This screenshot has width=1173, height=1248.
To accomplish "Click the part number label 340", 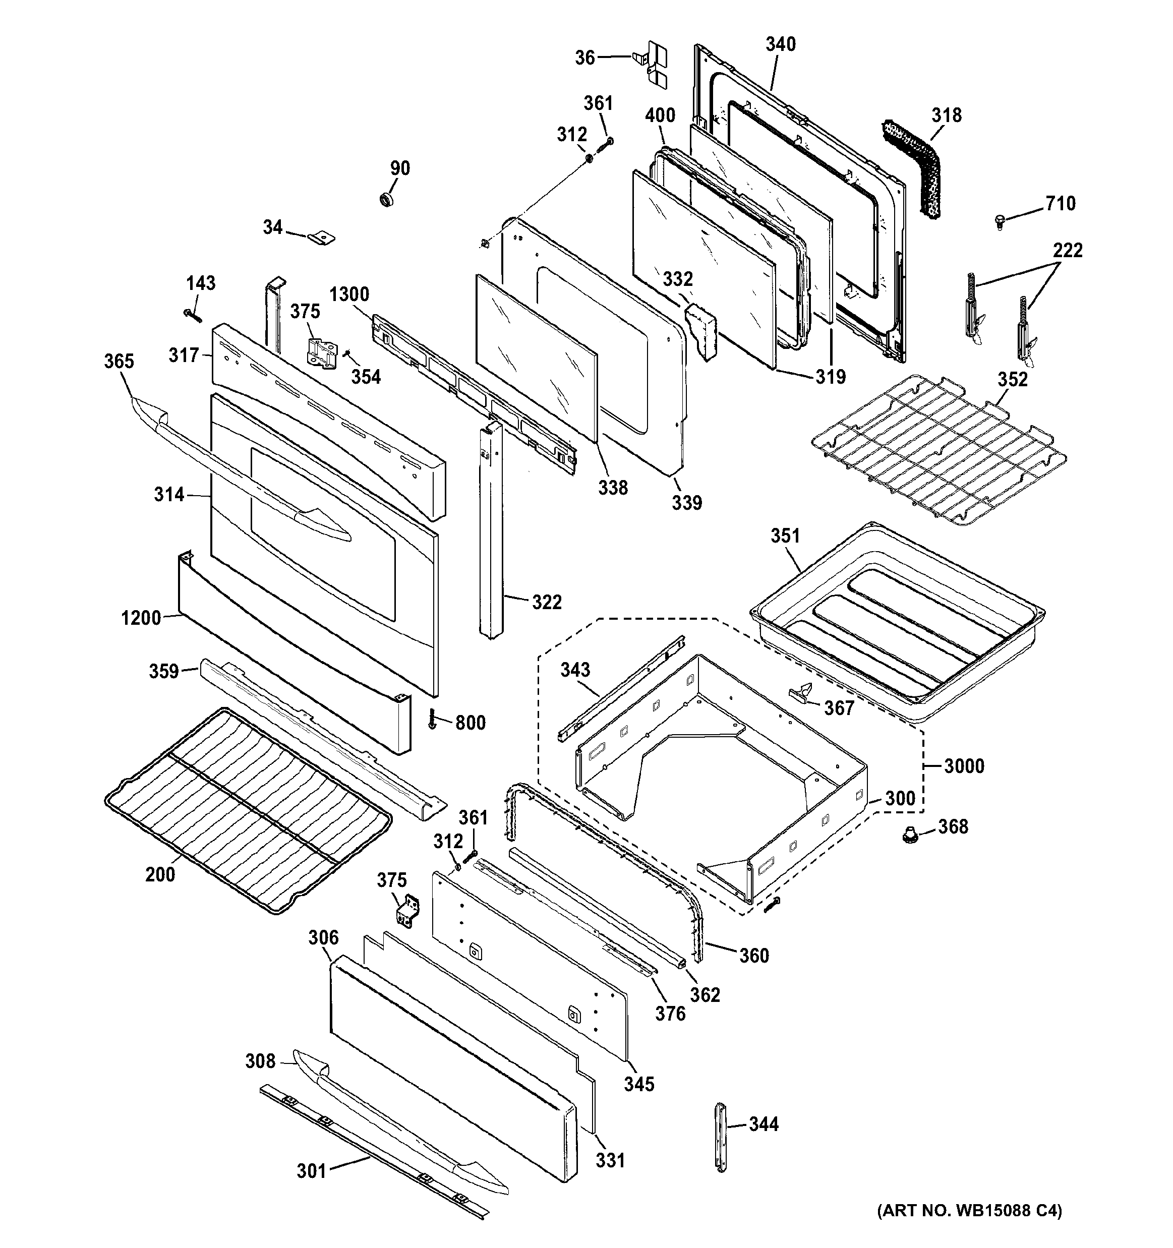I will coord(781,44).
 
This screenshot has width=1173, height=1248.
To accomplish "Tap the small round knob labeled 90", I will coord(386,200).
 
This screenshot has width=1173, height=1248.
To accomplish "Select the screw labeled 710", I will coord(1000,221).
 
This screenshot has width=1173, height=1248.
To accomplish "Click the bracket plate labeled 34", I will coord(322,237).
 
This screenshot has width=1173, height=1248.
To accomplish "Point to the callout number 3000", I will coord(964,766).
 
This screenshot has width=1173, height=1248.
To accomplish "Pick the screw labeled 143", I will coord(192,313).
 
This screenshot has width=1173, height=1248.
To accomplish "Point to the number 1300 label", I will coord(349,294).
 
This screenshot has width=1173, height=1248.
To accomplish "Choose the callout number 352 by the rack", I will coord(1012,379).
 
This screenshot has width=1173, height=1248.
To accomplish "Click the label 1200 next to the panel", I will coord(141,618).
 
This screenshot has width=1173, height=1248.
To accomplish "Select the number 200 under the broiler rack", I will coord(160,874).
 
